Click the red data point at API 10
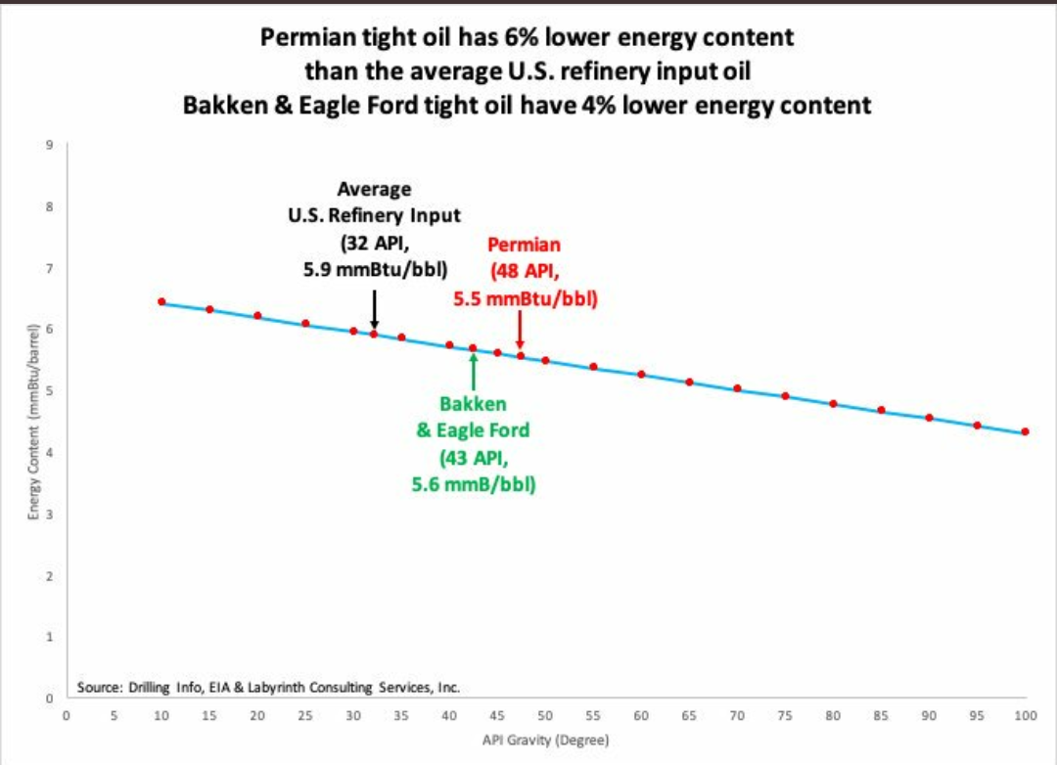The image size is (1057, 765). tap(161, 302)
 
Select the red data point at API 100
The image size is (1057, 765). tap(1025, 431)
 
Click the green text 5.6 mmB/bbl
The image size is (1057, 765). tap(474, 483)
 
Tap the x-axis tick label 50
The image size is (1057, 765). tap(545, 716)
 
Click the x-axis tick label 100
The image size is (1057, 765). tap(1025, 716)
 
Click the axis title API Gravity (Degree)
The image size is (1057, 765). tap(545, 740)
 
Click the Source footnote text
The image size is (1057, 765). tap(268, 688)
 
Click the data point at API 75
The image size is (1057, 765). tap(785, 396)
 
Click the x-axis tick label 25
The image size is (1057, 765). tap(305, 716)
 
